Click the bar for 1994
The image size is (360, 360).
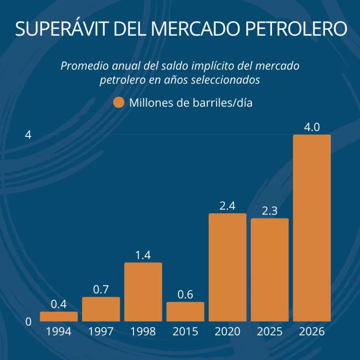point(59,316)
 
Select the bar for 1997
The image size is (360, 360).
point(101,309)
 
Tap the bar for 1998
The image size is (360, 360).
point(143,292)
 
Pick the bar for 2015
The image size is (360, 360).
point(185,312)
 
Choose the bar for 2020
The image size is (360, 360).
point(227,267)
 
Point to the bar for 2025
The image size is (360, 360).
point(270,270)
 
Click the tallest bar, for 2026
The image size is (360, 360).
point(312,227)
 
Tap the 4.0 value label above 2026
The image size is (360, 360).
point(312,127)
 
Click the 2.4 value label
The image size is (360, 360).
point(227,206)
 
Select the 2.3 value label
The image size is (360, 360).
point(270,211)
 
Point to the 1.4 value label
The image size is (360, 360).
point(143,255)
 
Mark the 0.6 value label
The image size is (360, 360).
point(185,295)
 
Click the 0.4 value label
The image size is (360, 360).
point(59,304)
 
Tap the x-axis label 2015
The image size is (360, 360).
point(185,332)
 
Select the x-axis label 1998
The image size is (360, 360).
point(143,332)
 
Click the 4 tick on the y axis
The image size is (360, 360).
point(28,135)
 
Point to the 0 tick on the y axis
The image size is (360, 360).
point(28,321)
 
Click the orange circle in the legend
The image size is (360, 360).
point(119,103)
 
